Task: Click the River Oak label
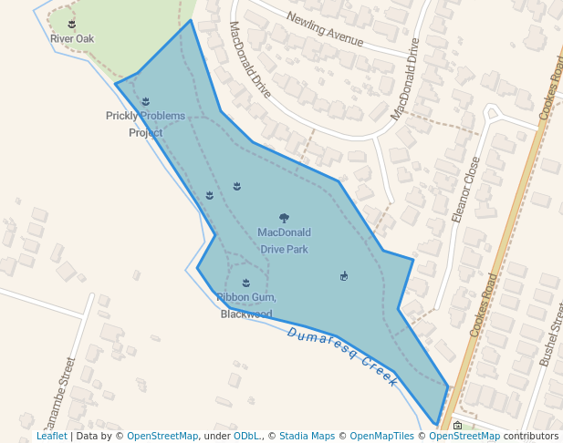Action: [72, 39]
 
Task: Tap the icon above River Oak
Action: [72, 23]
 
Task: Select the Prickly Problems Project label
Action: [145, 124]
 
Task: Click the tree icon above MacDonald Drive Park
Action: [284, 218]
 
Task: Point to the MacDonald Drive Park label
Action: [284, 241]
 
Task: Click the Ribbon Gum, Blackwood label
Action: [246, 306]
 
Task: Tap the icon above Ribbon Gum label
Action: [245, 283]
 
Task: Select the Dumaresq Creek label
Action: [342, 356]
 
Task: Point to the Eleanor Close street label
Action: [465, 190]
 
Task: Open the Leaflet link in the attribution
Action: [51, 436]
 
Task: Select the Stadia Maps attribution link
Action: [307, 436]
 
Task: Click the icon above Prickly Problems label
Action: [146, 101]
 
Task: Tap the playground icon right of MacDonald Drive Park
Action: [344, 276]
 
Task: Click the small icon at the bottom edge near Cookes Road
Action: [457, 425]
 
